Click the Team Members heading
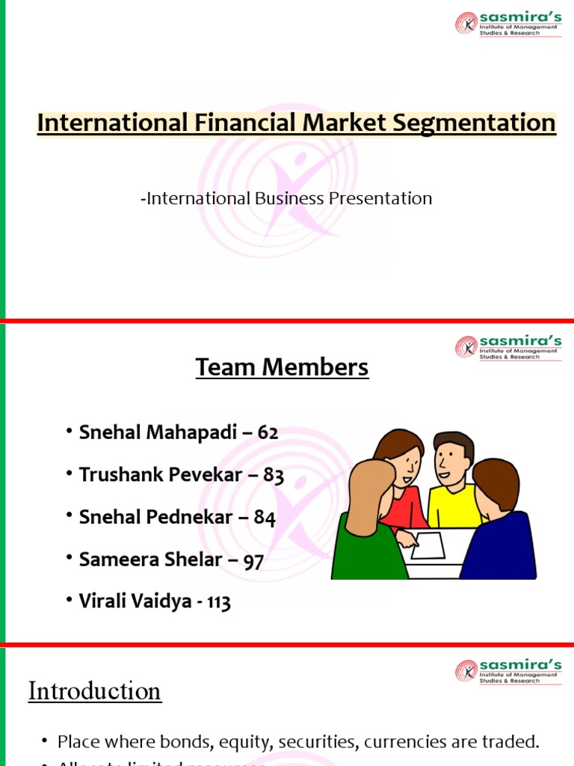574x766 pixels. point(282,367)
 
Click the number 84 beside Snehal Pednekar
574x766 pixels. point(265,518)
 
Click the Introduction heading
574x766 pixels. point(94,690)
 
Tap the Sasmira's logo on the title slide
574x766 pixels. point(507,22)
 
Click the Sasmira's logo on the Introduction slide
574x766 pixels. point(507,670)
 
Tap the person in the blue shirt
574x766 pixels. point(499,531)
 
